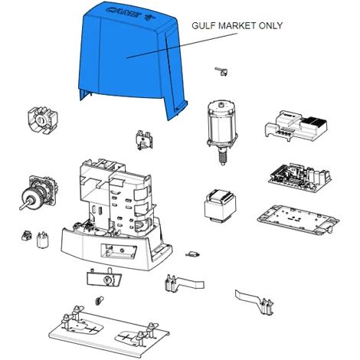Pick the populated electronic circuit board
[299, 178]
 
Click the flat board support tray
[298, 221]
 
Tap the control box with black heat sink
[296, 125]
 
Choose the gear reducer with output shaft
[39, 193]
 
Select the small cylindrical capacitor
[42, 240]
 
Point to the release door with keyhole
[104, 277]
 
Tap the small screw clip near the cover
[221, 71]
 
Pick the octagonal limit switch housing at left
[42, 120]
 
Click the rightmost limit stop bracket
[254, 301]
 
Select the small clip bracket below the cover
[144, 139]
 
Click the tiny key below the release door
[100, 300]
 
